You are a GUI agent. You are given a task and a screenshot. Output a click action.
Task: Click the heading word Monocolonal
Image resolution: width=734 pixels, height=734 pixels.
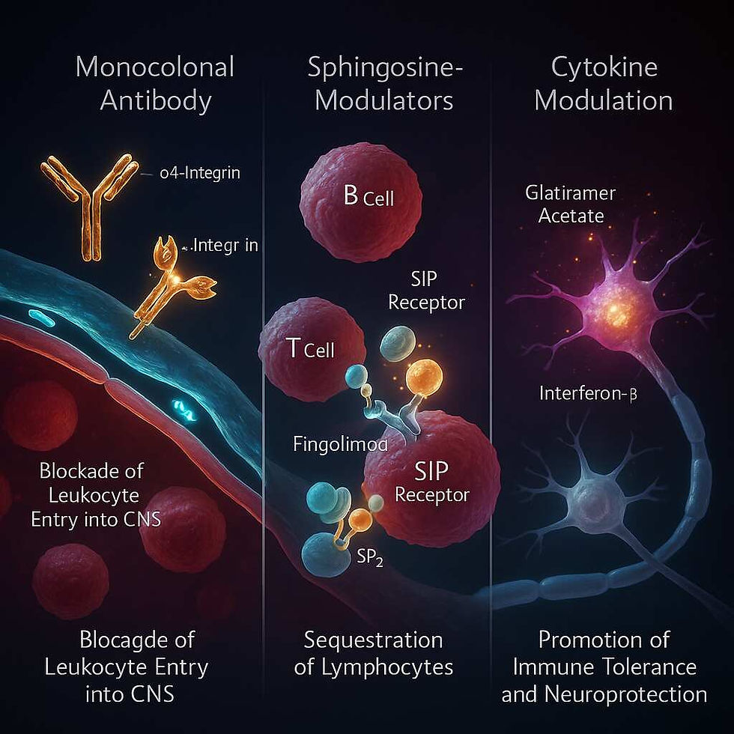(155, 67)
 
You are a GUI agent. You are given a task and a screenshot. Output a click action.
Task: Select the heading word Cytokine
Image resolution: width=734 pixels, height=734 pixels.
(604, 67)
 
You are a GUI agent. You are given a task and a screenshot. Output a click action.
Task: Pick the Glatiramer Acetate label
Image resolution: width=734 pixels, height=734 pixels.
(570, 204)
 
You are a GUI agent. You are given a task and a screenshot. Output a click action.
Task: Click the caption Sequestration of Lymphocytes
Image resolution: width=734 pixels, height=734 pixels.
(373, 653)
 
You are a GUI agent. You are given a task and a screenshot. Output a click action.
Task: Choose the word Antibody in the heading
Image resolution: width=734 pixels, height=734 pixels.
(155, 100)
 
